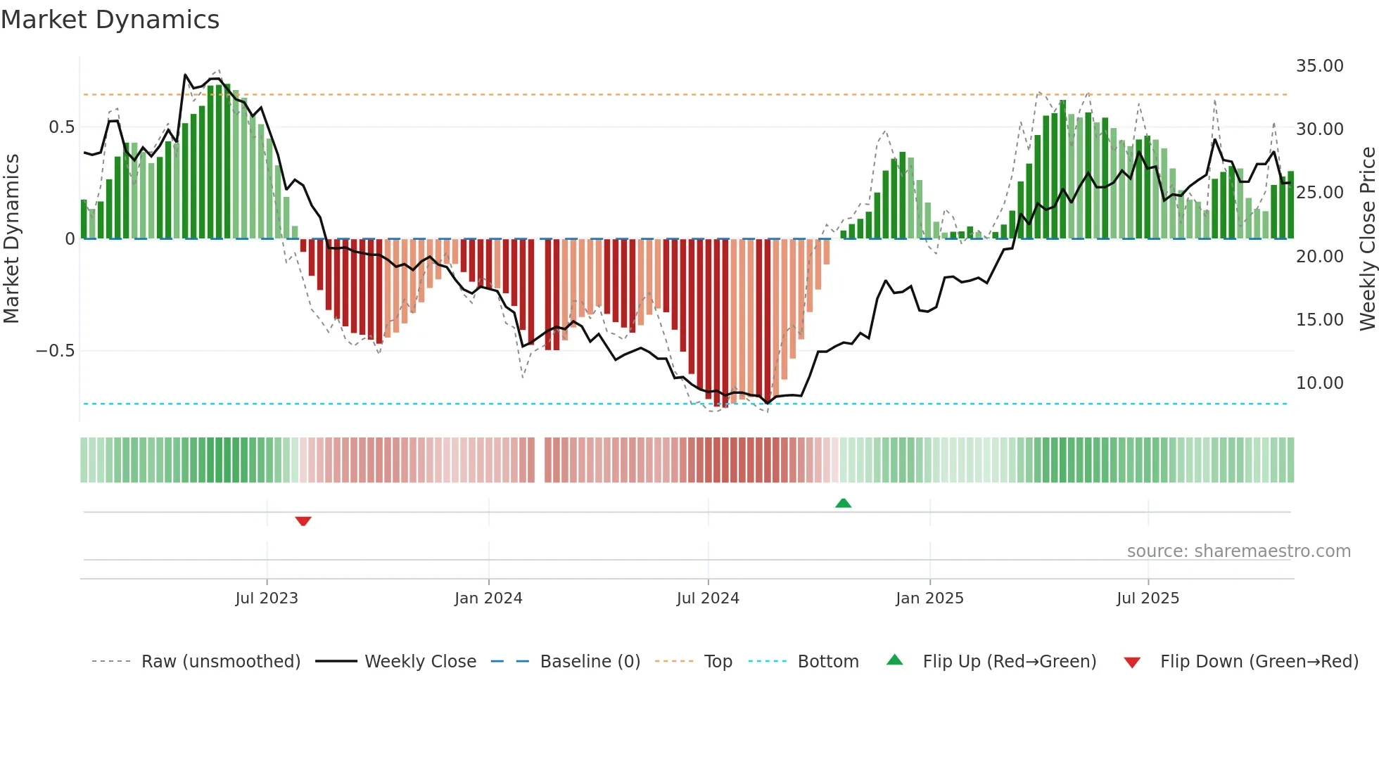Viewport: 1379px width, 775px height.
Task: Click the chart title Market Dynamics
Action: click(x=110, y=20)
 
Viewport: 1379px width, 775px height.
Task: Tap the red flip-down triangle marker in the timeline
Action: click(x=303, y=521)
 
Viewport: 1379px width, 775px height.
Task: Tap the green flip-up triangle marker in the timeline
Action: click(x=843, y=503)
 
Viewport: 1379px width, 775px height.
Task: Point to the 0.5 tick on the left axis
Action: click(x=61, y=127)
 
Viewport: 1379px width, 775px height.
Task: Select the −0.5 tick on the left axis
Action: click(x=56, y=351)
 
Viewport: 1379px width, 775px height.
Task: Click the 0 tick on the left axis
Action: click(x=70, y=239)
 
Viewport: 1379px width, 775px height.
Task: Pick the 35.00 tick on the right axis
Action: click(x=1319, y=66)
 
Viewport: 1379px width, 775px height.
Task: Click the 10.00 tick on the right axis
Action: click(x=1319, y=383)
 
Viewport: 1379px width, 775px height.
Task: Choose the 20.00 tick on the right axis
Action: click(x=1319, y=257)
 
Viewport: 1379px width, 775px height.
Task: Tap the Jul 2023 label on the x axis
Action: click(x=267, y=598)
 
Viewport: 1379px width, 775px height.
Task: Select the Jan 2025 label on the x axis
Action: click(x=929, y=598)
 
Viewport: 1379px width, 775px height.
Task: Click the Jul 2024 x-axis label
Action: click(x=708, y=598)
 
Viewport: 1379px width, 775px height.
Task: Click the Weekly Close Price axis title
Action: click(x=1367, y=239)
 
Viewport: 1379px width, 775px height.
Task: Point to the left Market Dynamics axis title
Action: click(x=11, y=239)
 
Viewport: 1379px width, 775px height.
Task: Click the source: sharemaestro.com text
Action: click(x=1238, y=551)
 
